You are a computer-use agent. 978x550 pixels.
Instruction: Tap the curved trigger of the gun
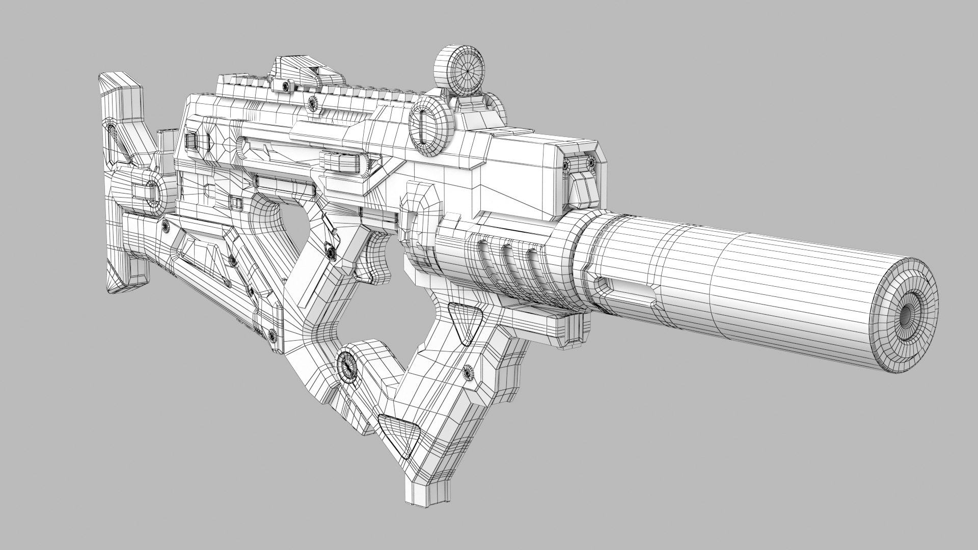pyautogui.click(x=377, y=258)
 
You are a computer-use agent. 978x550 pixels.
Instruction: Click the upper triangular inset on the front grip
pyautogui.click(x=465, y=320)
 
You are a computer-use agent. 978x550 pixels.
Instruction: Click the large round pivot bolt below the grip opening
pyautogui.click(x=349, y=364)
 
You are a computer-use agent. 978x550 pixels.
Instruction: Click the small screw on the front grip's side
pyautogui.click(x=468, y=373)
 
